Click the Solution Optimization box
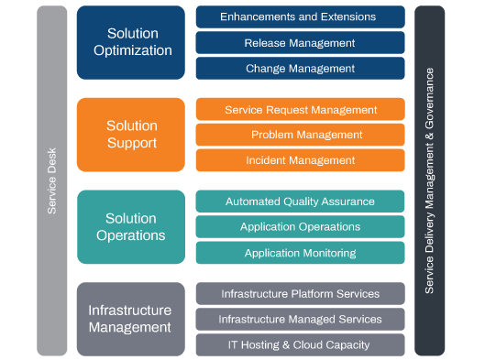130,42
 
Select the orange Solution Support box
130,135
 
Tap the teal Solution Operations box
130,227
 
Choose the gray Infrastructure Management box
130,319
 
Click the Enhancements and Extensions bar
300,16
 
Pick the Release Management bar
300,42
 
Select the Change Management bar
300,68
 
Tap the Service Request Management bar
300,109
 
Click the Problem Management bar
300,135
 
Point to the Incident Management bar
300,160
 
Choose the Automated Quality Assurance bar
300,202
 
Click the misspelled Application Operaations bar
300,227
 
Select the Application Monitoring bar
300,253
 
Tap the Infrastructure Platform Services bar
300,293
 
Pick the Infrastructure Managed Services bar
300,319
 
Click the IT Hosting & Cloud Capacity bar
300,344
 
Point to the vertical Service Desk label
52,180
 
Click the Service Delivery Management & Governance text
429,180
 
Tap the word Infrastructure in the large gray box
130,310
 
